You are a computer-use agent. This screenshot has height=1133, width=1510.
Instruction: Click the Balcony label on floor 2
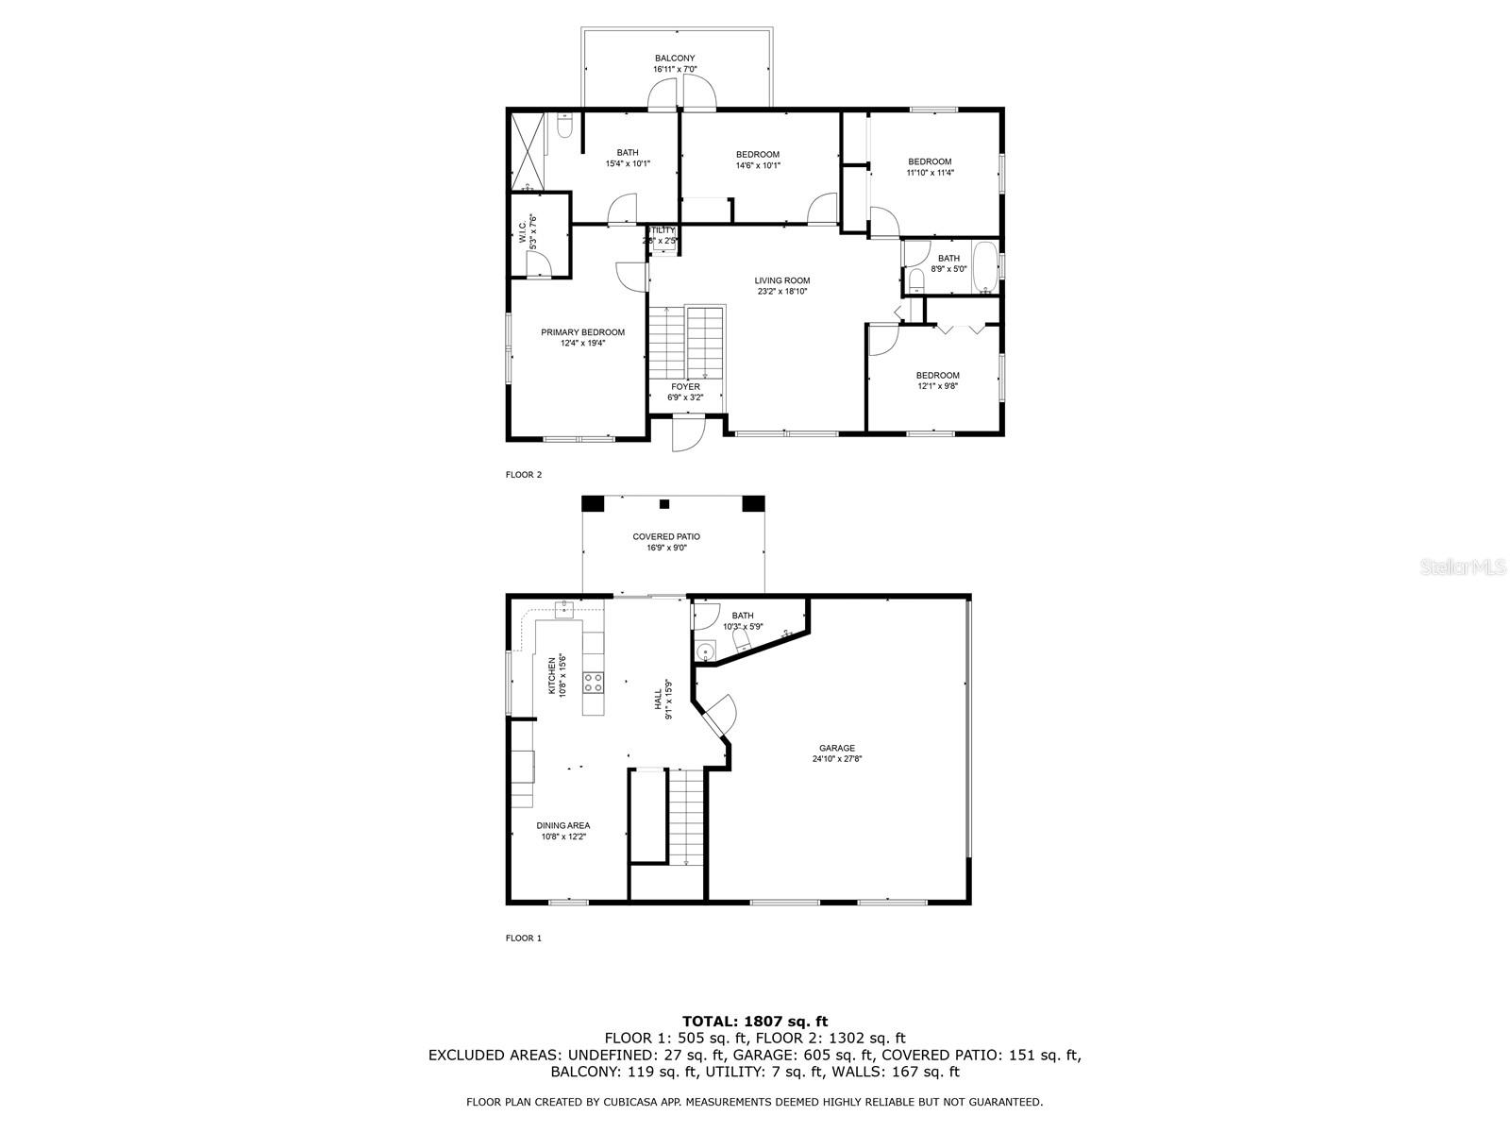tap(675, 59)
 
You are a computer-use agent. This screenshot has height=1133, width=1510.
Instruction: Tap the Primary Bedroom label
tap(582, 332)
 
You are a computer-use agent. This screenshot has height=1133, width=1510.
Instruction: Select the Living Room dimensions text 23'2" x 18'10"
tap(782, 292)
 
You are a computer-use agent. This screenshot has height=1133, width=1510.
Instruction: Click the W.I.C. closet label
tap(522, 232)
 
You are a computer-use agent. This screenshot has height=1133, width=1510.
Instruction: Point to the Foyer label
tap(685, 387)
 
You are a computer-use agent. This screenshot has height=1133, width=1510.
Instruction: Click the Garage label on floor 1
tap(837, 748)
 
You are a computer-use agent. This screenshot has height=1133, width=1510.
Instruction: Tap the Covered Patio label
tap(666, 536)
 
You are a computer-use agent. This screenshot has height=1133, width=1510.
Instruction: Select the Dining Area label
tap(564, 825)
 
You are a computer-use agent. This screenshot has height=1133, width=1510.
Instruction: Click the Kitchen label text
tap(552, 676)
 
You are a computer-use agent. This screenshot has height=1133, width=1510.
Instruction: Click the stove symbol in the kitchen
tap(593, 682)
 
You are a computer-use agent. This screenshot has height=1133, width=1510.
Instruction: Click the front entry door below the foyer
tap(686, 436)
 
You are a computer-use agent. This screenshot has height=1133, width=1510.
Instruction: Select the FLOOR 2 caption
tap(524, 475)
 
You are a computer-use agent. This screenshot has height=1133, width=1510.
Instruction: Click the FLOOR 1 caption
tap(524, 939)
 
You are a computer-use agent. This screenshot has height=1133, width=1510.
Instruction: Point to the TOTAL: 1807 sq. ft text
tap(754, 1021)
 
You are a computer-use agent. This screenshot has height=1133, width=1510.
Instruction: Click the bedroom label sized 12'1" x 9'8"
tap(937, 375)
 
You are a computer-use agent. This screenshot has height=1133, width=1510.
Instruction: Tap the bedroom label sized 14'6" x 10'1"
tap(758, 155)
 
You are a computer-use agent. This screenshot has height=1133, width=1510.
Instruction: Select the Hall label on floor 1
tap(658, 700)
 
